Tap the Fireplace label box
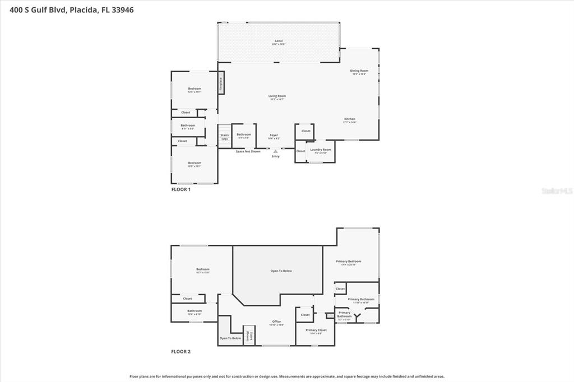(x=221, y=82)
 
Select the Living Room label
(x=277, y=97)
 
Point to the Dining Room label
(x=359, y=72)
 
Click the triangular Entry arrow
(x=275, y=151)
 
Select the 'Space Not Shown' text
(x=248, y=151)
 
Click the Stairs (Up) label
(x=224, y=136)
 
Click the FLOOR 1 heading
(x=181, y=189)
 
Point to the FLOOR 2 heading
(x=181, y=352)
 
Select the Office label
(x=276, y=322)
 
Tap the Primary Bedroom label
(x=349, y=262)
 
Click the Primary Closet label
(x=316, y=331)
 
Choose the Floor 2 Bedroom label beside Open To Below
(x=202, y=270)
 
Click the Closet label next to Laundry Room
(x=301, y=151)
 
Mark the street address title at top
(x=68, y=10)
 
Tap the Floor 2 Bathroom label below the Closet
(x=195, y=312)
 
